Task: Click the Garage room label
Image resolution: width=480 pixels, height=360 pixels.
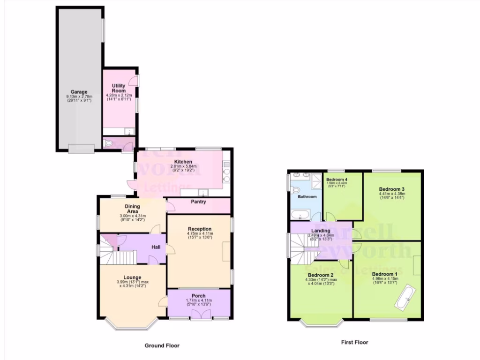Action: point(79,92)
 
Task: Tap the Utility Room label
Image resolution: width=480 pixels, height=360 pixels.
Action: point(119,89)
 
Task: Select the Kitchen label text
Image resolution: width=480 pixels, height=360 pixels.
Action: point(183,162)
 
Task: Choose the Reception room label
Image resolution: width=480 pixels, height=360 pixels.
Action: point(200,229)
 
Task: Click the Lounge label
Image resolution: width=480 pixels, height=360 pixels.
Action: point(133,277)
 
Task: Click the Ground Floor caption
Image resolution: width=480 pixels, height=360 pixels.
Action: point(162,345)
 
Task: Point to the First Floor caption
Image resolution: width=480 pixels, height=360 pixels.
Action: point(354,342)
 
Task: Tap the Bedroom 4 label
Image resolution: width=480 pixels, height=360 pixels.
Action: point(337,180)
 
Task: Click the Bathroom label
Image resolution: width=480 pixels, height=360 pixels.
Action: point(307,196)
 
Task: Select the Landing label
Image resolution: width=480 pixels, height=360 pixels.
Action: point(320,230)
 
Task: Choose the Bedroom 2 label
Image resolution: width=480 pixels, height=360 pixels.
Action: point(321,275)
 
